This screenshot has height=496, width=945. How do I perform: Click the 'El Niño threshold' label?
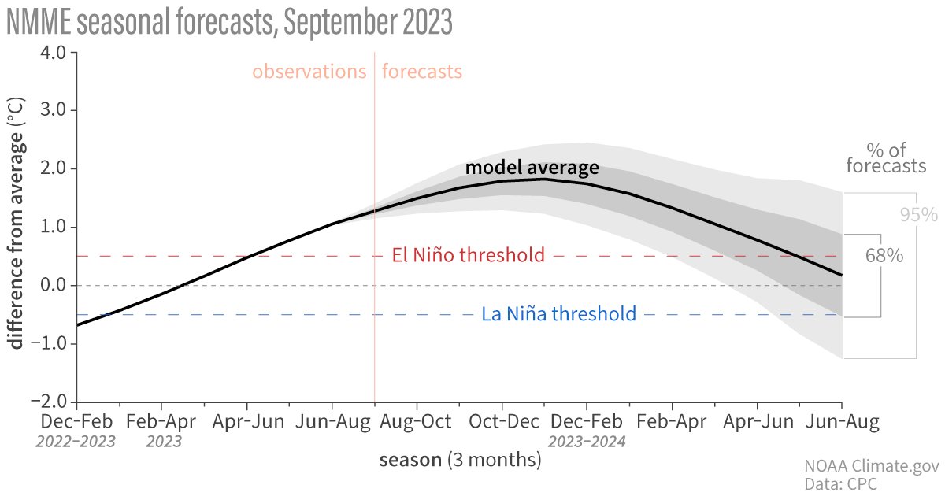pos(468,255)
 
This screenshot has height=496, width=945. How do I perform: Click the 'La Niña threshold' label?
pos(558,314)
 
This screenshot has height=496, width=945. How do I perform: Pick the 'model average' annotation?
pos(532,168)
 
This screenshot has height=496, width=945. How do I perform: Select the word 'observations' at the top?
pos(309,72)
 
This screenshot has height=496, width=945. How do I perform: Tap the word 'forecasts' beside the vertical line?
pos(421,72)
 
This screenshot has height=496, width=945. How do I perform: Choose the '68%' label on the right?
pos(883,256)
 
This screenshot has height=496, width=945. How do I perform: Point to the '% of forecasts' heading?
pos(885,157)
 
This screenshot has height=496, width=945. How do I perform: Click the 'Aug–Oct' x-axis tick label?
pos(417,422)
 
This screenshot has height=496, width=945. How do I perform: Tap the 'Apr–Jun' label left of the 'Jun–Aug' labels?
pos(247,422)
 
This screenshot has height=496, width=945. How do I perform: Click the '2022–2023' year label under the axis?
pos(76,441)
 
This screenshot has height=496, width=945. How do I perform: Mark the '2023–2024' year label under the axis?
pos(587,441)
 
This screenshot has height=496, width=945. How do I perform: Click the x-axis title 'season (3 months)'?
pos(460,460)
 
